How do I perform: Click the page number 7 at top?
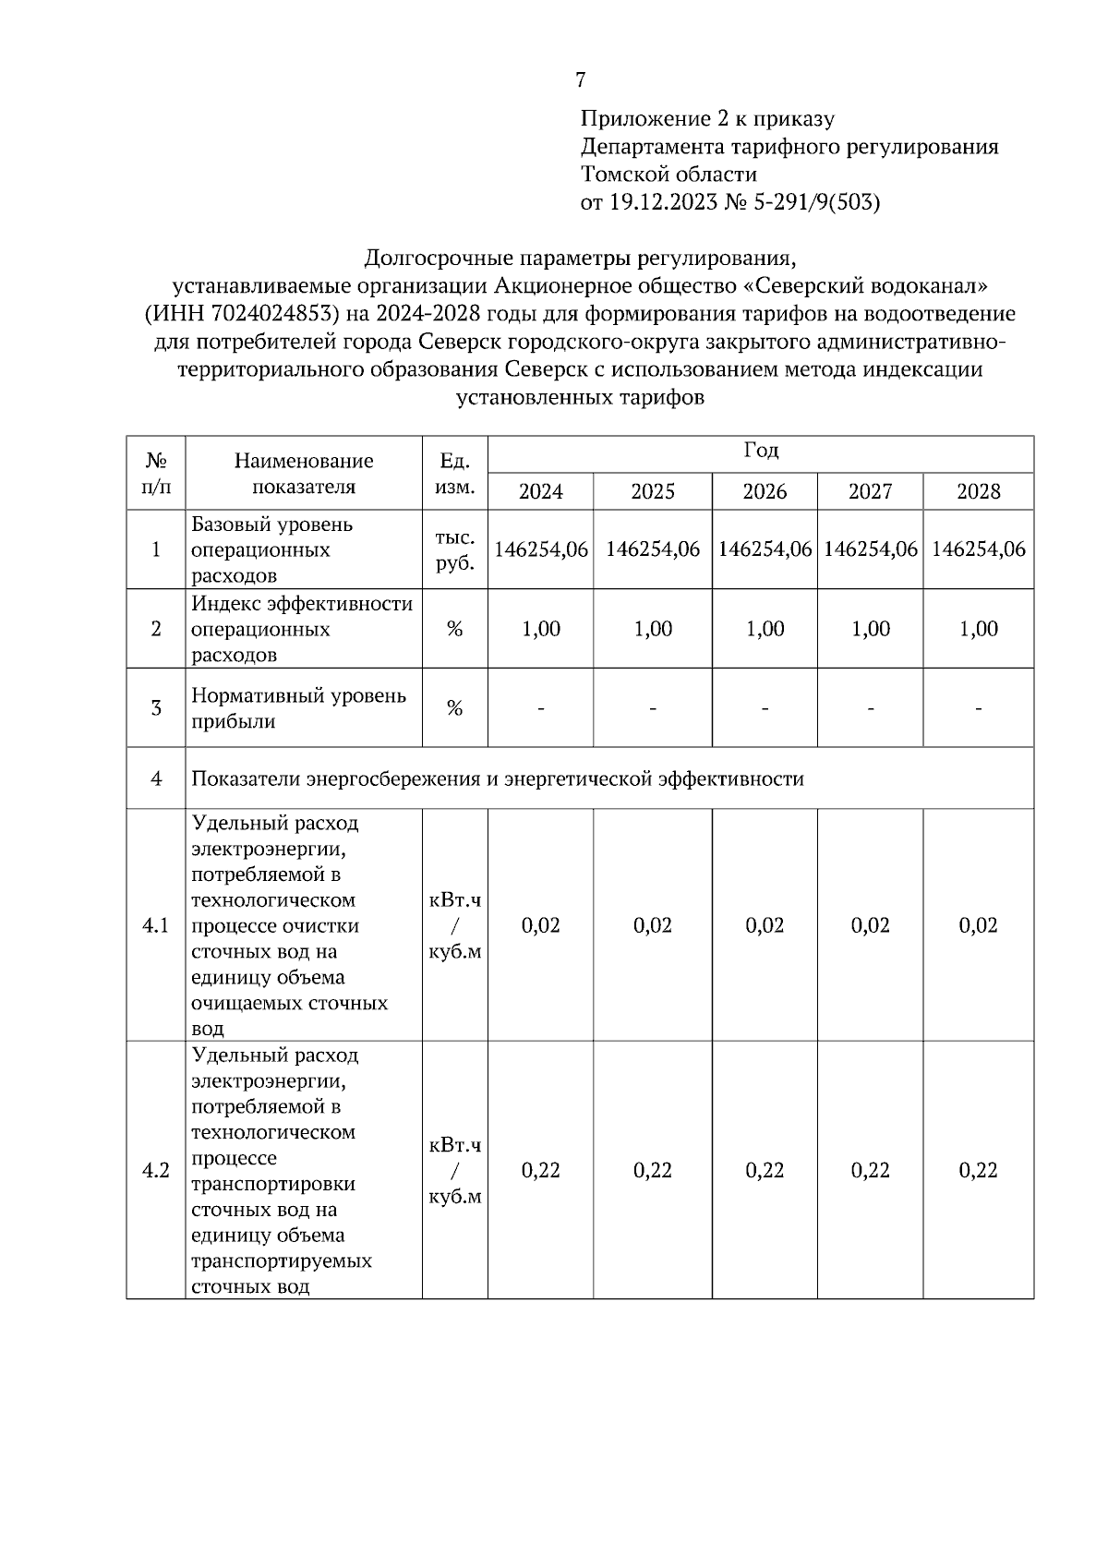coord(580,80)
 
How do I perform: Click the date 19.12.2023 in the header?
coord(662,202)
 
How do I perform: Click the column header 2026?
coord(764,491)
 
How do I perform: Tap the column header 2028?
coord(978,491)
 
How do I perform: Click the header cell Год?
coord(761,452)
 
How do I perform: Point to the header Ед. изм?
coord(454,474)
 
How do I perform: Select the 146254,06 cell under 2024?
coord(541,549)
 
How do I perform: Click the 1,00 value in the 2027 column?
coord(870,629)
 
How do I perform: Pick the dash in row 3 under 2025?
coord(653,709)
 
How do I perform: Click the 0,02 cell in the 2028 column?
coord(978,925)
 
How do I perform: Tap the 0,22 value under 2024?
coord(541,1170)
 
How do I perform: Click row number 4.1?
coord(155,925)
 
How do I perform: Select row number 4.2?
coord(155,1170)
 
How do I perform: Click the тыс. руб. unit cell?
coord(454,550)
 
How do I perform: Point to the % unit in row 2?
coord(454,629)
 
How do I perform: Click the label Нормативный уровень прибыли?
coord(298,708)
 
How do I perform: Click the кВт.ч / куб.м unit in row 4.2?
coord(454,1170)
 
